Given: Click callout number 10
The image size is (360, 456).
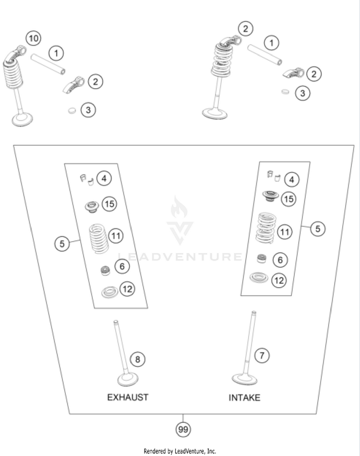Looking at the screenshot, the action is click(x=33, y=37).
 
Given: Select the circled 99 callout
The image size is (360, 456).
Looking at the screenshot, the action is click(x=182, y=429).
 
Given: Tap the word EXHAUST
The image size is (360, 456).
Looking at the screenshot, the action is click(x=127, y=397).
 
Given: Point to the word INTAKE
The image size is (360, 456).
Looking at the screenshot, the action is click(x=244, y=398).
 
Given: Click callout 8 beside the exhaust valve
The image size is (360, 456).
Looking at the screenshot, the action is click(x=137, y=359).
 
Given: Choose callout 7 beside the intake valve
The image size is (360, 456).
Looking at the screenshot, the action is click(x=262, y=355).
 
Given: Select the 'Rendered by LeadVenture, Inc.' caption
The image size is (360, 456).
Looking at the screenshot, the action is click(x=180, y=451).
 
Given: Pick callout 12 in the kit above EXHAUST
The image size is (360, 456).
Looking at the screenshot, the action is click(x=127, y=289).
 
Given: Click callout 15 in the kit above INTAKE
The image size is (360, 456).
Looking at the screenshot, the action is click(x=288, y=199).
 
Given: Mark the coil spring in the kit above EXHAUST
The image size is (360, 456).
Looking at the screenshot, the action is click(x=100, y=237).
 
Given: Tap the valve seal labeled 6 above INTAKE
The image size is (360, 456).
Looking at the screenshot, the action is click(x=262, y=259).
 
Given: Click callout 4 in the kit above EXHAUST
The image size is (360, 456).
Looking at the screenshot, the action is click(x=104, y=179).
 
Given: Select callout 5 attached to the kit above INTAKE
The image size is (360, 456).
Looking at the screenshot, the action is click(x=318, y=229).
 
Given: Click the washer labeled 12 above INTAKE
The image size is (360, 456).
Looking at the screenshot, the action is click(x=260, y=278).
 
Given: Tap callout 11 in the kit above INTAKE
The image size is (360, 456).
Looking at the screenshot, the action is click(x=286, y=233).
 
